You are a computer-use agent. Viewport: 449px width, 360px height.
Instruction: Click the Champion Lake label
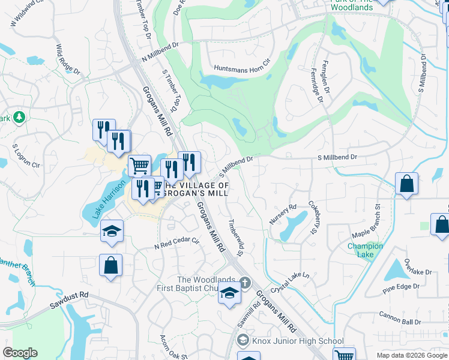365,250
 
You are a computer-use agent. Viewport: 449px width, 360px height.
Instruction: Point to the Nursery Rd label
283,214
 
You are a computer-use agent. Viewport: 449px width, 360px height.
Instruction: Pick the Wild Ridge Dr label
68,59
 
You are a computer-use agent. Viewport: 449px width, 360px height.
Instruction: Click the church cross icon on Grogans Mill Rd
245,282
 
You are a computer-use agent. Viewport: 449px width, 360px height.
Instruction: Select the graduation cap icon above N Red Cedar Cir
112,232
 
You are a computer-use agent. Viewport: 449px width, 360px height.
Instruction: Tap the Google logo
20,353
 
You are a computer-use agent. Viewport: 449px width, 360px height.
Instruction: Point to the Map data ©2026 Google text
412,355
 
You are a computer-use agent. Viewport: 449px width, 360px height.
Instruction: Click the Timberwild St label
235,238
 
